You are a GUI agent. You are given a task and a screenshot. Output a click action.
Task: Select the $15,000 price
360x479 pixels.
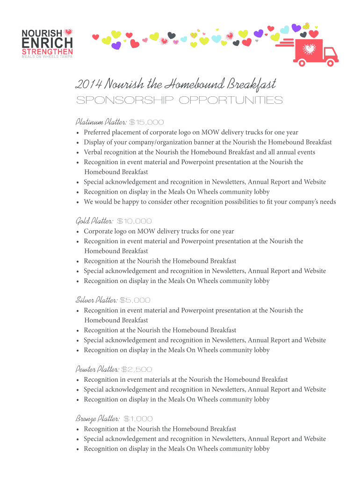click(x=146, y=123)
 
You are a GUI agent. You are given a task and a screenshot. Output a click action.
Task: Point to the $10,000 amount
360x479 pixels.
click(x=134, y=221)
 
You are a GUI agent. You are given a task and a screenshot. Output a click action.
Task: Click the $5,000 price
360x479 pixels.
click(x=135, y=300)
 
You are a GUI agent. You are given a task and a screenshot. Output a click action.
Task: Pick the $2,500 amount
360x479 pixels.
click(x=137, y=370)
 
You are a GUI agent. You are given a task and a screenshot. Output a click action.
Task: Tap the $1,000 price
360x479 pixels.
click(x=138, y=419)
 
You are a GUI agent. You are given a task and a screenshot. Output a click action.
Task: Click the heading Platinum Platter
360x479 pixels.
click(x=101, y=122)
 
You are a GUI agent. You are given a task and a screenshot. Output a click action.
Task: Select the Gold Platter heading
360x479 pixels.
click(x=94, y=221)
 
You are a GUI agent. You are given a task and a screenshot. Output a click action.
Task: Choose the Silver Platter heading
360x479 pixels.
click(x=96, y=300)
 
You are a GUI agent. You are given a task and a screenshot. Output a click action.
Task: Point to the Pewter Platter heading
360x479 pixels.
click(x=97, y=369)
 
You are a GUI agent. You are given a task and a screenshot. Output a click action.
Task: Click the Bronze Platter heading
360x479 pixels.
click(x=97, y=419)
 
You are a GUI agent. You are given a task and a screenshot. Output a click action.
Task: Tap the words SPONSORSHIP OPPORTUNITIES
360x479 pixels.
click(x=179, y=101)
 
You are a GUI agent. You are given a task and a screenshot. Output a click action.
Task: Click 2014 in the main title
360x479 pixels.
click(x=88, y=85)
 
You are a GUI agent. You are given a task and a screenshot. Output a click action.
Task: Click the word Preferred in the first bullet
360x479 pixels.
click(x=98, y=132)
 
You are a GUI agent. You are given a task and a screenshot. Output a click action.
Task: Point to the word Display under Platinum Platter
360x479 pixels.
click(x=94, y=142)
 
